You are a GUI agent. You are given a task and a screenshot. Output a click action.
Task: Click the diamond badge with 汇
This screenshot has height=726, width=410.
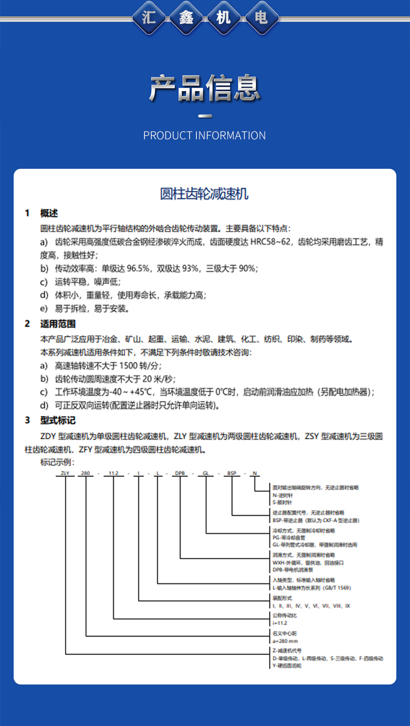click(149, 19)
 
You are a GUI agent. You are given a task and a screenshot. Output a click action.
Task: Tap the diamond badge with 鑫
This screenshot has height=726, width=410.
click(186, 19)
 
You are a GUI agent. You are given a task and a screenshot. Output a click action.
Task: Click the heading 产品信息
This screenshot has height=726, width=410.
click(205, 87)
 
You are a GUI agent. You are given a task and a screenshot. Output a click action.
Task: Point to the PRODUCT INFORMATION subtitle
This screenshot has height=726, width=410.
click(204, 135)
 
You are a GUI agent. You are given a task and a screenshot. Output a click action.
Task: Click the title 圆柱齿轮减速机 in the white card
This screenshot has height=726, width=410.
click(204, 194)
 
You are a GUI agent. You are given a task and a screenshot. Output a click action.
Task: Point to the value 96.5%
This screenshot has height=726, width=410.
click(138, 268)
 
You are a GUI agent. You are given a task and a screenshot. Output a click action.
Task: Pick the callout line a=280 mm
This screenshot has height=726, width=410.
click(285, 640)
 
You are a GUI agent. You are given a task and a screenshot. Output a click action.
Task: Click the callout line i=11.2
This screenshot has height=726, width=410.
click(280, 622)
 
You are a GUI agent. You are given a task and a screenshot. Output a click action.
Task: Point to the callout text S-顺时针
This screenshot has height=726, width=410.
click(283, 501)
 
